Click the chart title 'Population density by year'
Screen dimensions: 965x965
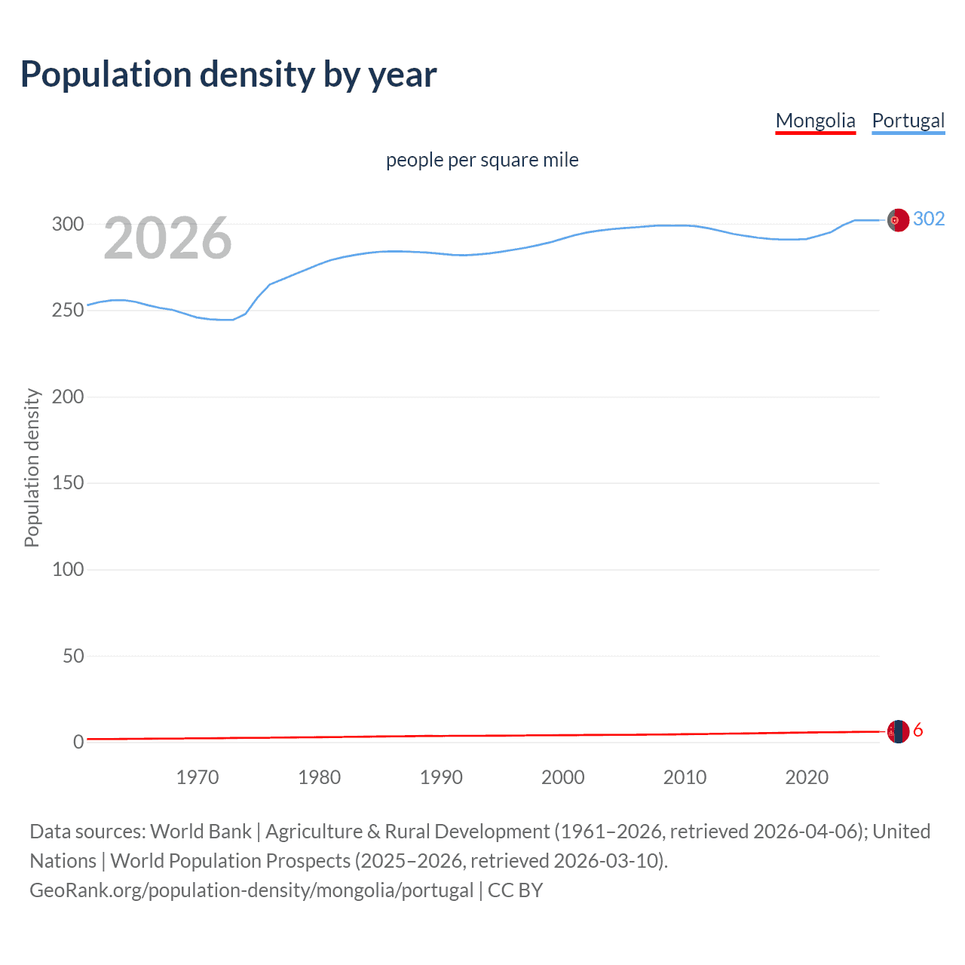pos(228,75)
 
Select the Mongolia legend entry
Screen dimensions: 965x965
pos(815,121)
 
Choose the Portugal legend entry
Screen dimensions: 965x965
pos(908,121)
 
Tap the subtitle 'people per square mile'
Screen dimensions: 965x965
pos(482,160)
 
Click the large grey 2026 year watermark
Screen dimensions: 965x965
pos(167,238)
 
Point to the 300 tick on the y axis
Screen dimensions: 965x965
pos(67,224)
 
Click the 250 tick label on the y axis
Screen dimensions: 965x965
pos(67,311)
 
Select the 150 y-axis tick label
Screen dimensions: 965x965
pos(67,483)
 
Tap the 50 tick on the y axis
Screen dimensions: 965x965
pos(73,656)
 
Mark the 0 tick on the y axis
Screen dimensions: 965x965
pos(78,742)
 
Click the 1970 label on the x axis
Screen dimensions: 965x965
pos(198,777)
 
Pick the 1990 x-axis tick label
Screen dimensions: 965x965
pos(441,777)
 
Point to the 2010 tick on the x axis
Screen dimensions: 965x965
pos(685,777)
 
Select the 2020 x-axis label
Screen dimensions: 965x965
pos(807,777)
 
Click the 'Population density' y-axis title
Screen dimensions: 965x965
pos(32,467)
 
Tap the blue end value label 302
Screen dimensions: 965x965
pos(928,219)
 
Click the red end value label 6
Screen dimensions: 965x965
pos(918,731)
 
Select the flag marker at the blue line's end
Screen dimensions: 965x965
pos(897,220)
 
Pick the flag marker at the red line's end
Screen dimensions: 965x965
pos(897,731)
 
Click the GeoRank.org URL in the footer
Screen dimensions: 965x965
pos(251,890)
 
